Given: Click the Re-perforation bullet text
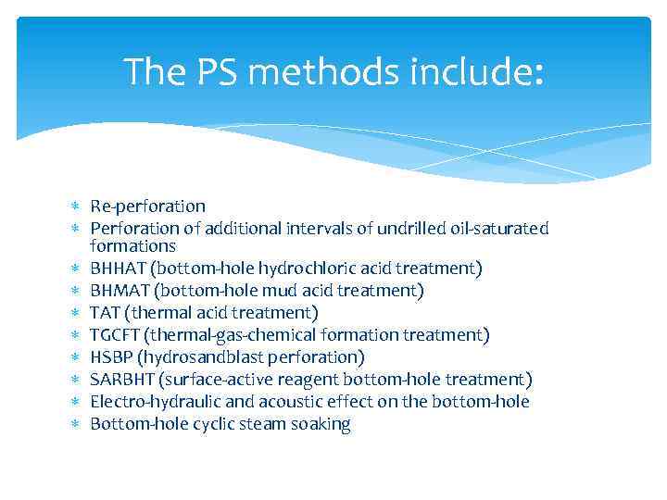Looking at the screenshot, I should coord(147,206).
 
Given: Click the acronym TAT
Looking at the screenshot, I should coord(104,313).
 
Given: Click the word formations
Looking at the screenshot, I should coord(132,246).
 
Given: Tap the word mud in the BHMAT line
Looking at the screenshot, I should coord(255,291).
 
